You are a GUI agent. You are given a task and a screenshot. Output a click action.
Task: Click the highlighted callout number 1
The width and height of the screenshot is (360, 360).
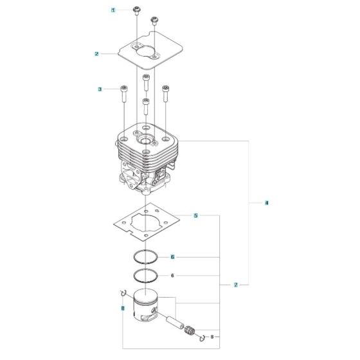click(114, 10)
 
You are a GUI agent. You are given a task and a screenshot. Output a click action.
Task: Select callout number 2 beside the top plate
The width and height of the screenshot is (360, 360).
click(96, 54)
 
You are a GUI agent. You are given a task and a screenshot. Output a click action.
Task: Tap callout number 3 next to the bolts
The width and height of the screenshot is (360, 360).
click(100, 89)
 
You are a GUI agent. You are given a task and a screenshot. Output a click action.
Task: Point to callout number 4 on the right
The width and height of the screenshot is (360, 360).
click(267, 203)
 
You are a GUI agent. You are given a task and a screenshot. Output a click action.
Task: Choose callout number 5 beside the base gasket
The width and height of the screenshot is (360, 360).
click(196, 215)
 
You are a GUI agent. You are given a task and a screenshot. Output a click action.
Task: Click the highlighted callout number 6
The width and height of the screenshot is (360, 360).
click(173, 257)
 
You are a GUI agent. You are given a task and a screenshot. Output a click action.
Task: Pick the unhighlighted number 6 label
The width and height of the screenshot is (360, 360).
click(172, 276)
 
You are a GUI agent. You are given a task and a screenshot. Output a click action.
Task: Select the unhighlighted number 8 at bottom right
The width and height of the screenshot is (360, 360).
click(213, 336)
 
